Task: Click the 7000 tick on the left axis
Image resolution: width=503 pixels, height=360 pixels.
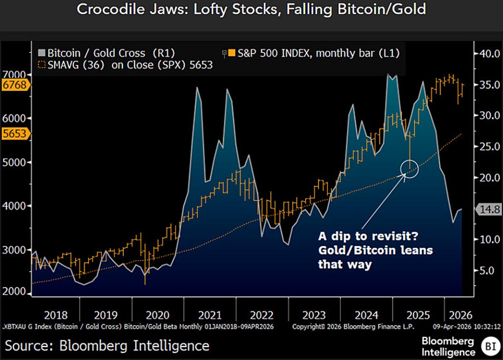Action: (17, 75)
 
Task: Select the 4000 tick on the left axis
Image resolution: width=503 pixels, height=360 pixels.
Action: (17, 206)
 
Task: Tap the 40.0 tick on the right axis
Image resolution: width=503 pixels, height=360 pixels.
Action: (488, 53)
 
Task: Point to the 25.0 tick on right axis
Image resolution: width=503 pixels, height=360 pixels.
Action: (488, 146)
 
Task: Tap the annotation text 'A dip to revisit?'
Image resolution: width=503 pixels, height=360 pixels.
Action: (368, 237)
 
